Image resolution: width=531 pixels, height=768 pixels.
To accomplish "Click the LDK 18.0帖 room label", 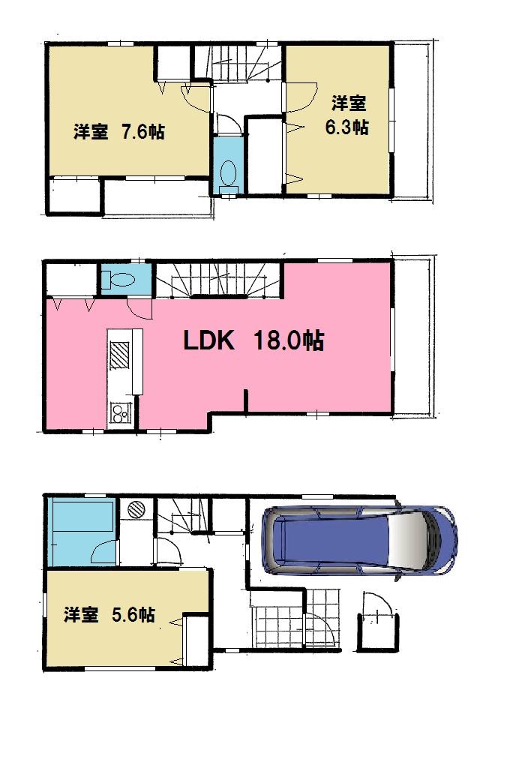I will click(253, 341).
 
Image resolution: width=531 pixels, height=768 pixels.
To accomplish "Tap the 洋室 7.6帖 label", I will click(119, 132).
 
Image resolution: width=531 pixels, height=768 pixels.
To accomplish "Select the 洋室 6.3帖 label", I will click(346, 115).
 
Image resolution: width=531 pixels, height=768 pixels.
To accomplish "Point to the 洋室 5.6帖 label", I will click(109, 614).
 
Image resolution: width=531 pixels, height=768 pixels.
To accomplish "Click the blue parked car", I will click(358, 540).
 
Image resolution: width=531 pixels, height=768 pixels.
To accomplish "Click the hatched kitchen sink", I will click(121, 355).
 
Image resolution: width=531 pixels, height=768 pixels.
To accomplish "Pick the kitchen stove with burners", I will click(120, 412).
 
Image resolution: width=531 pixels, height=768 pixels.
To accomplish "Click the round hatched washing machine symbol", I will click(136, 509).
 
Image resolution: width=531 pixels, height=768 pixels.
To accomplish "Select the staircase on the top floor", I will click(244, 64).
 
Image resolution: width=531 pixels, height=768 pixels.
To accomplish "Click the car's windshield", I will click(411, 540).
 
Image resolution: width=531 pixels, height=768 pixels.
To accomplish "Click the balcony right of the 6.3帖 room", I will click(412, 120).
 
